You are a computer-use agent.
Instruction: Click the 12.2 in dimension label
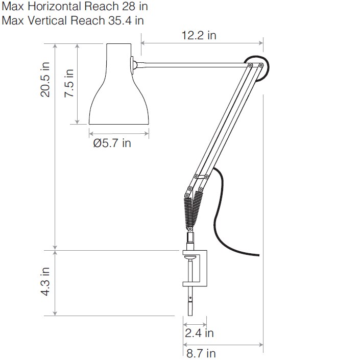[x=199, y=35]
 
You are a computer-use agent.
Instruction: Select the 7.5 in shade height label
[x=68, y=83]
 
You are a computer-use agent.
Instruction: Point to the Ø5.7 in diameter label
[x=112, y=143]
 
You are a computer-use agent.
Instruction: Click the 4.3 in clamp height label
[x=45, y=282]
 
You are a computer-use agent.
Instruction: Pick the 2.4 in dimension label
[x=200, y=333]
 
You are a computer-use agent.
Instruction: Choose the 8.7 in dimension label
[x=201, y=353]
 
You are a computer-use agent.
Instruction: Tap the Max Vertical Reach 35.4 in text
[x=73, y=20]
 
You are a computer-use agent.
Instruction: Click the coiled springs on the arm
[x=191, y=212]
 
